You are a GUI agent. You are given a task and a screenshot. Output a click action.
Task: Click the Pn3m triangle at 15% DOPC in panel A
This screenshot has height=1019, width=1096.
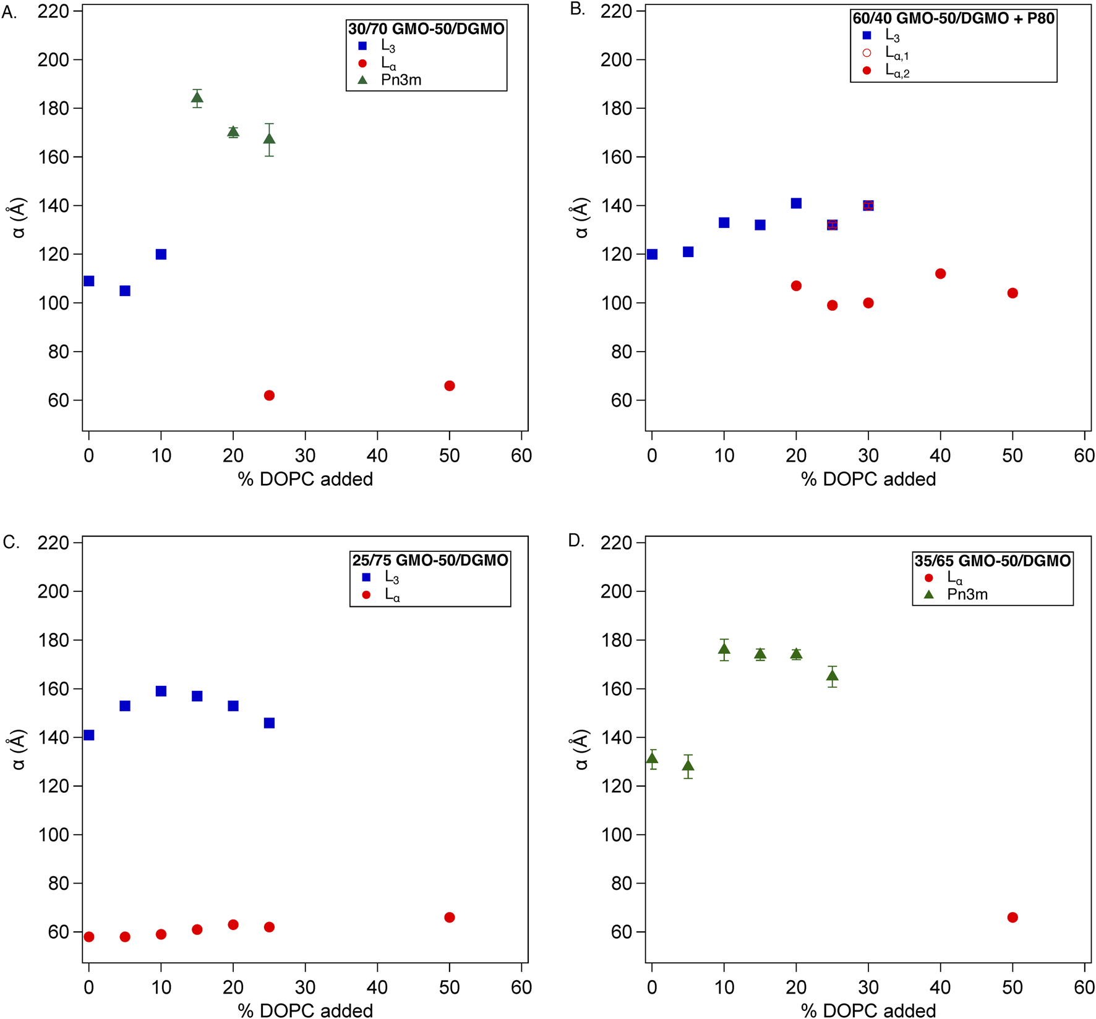click(x=197, y=98)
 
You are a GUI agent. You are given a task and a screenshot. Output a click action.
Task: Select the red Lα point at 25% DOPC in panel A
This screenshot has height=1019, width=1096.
click(x=269, y=395)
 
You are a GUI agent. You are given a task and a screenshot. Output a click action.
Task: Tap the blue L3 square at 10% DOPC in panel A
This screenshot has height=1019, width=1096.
click(x=161, y=254)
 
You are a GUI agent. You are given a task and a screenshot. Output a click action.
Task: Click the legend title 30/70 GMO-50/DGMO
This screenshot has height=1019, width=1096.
click(x=426, y=29)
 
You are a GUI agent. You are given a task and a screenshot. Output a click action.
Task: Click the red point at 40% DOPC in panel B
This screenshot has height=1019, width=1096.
click(x=940, y=274)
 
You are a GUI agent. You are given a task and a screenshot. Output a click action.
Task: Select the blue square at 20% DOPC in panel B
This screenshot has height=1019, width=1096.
click(x=796, y=203)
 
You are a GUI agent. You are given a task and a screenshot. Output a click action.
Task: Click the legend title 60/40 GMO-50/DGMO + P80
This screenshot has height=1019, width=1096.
click(x=953, y=19)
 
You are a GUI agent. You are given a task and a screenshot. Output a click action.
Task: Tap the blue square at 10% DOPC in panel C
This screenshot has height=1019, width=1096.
click(x=161, y=691)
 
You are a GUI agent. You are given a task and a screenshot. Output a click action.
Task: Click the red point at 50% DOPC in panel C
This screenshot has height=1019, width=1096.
click(x=450, y=918)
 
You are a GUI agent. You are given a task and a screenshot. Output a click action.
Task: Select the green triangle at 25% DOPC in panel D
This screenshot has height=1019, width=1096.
click(x=832, y=675)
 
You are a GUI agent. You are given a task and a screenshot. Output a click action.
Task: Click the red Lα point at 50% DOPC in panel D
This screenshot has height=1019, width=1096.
click(x=1013, y=918)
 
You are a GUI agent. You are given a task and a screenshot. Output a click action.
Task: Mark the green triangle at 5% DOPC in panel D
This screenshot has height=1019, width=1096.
click(x=688, y=766)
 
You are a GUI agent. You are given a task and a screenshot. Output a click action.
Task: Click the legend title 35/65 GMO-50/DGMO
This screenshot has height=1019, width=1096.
click(x=993, y=560)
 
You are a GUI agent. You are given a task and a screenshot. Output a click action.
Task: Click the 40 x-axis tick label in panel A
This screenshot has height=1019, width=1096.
click(x=377, y=456)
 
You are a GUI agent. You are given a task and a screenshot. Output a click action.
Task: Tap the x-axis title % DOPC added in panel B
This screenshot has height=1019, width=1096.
click(x=868, y=480)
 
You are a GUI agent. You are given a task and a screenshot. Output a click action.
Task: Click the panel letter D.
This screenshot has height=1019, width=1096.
click(x=576, y=541)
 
